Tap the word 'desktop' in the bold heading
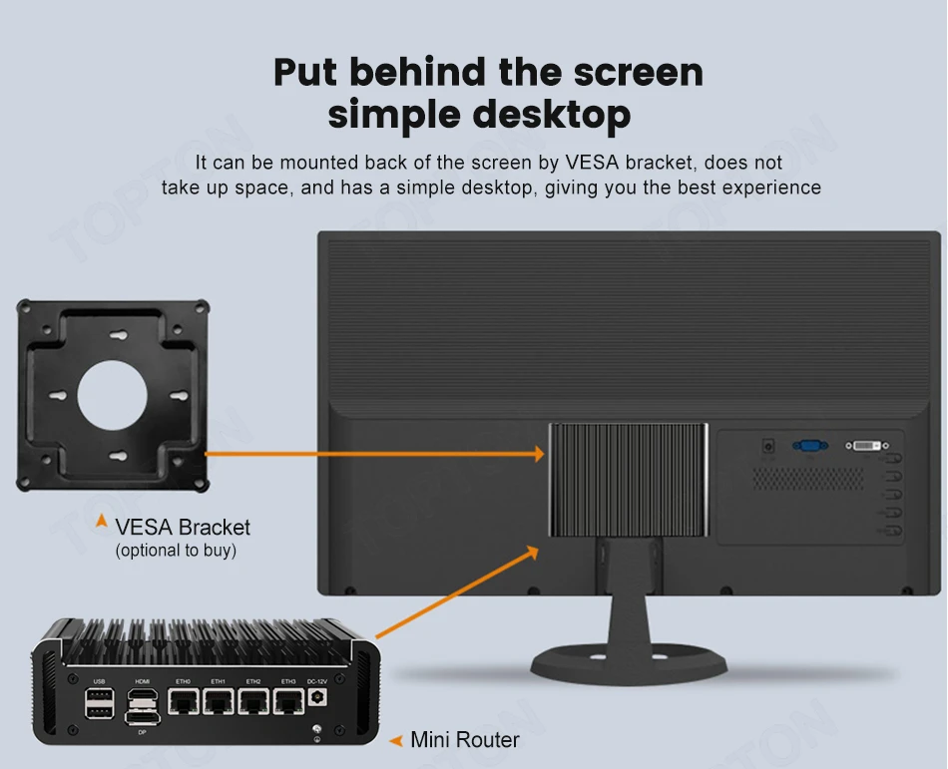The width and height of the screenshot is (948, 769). pyautogui.click(x=551, y=115)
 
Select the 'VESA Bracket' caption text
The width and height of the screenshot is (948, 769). pyautogui.click(x=183, y=527)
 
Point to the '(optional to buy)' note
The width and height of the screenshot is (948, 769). pyautogui.click(x=176, y=551)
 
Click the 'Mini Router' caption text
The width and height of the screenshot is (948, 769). pyautogui.click(x=465, y=740)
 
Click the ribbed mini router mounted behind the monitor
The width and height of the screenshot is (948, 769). pyautogui.click(x=629, y=480)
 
